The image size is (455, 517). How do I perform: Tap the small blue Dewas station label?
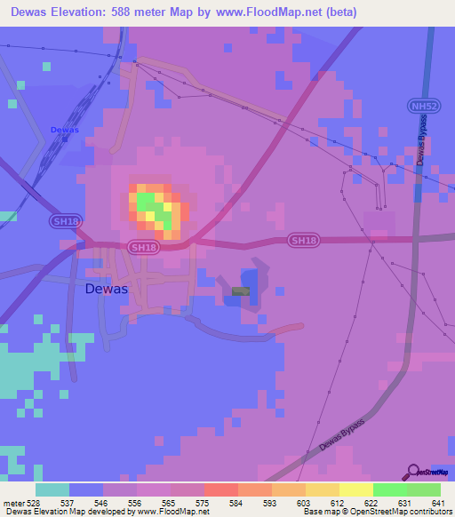pyautogui.click(x=64, y=130)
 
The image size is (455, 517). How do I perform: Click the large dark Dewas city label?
pyautogui.click(x=106, y=289)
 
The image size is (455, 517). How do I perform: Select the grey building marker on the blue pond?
pyautogui.click(x=241, y=291)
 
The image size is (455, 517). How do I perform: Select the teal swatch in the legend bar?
pyautogui.click(x=52, y=489)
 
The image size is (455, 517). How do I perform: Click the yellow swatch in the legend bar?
pyautogui.click(x=355, y=489)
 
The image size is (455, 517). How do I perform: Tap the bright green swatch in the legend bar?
pyautogui.click(x=389, y=489)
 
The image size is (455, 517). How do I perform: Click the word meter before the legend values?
pyautogui.click(x=13, y=502)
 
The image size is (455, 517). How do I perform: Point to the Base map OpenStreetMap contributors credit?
pyautogui.click(x=377, y=512)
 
